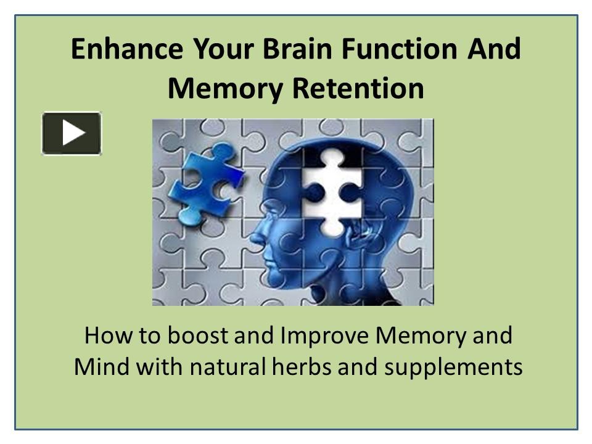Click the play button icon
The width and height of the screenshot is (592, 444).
coord(72,133)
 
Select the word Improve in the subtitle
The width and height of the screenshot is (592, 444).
coord(325,336)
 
